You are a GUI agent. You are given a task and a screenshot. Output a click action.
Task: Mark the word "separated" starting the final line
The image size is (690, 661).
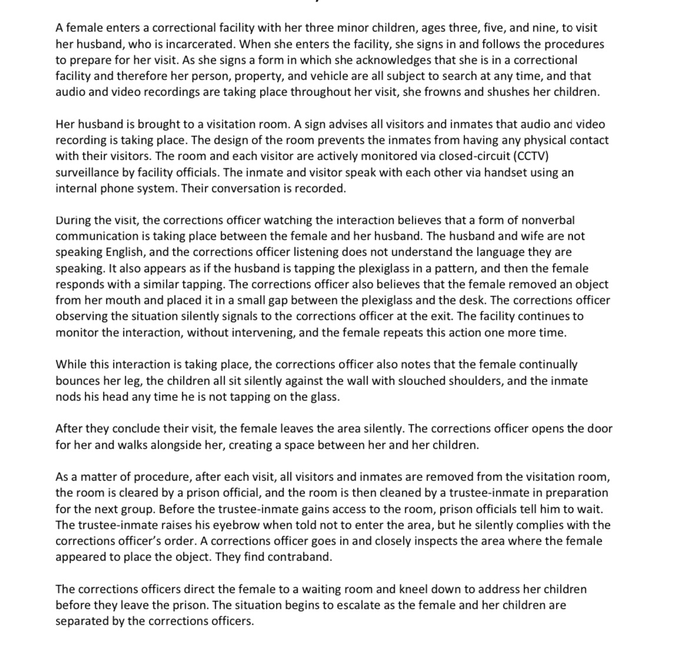81,621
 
